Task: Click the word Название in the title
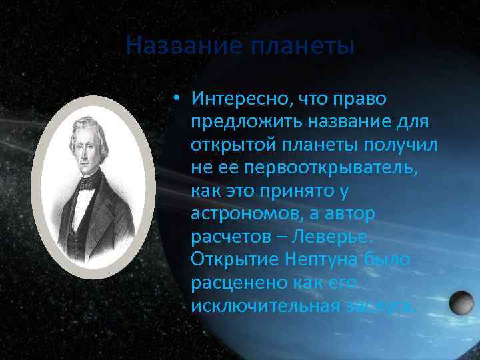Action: pyautogui.click(x=177, y=47)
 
